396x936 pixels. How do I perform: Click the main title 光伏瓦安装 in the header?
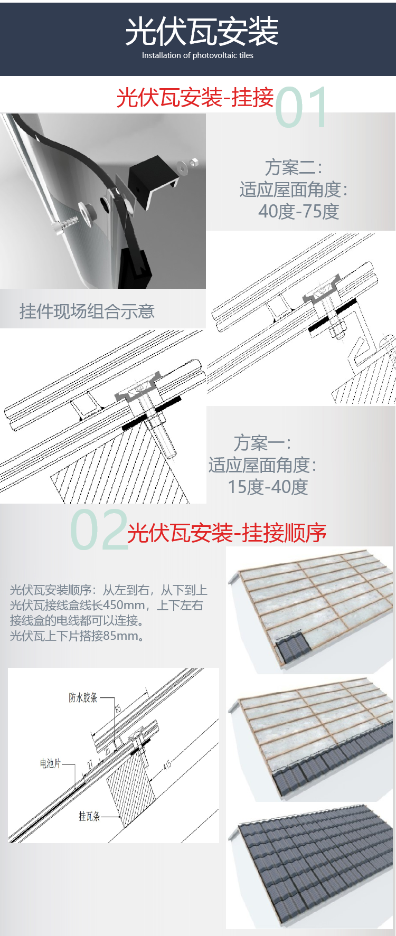coord(202,31)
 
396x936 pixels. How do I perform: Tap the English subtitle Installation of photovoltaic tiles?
coord(197,55)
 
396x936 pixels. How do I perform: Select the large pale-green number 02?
coord(99,530)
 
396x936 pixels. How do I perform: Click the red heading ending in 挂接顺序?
coord(227,533)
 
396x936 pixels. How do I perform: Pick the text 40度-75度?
coord(298,212)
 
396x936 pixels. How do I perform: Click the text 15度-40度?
coord(268,487)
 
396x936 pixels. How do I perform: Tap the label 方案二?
coord(294,168)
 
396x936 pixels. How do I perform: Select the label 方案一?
coord(262,442)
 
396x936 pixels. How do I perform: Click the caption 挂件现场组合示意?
coord(87,311)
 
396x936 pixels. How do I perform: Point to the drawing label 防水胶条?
coord(83,698)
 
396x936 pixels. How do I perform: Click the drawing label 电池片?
coord(50,763)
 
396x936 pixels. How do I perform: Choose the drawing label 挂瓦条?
coord(89,816)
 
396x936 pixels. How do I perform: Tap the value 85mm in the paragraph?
coord(120,636)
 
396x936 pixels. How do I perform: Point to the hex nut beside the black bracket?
coord(193,162)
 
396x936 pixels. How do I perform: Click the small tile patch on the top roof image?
coord(294,648)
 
